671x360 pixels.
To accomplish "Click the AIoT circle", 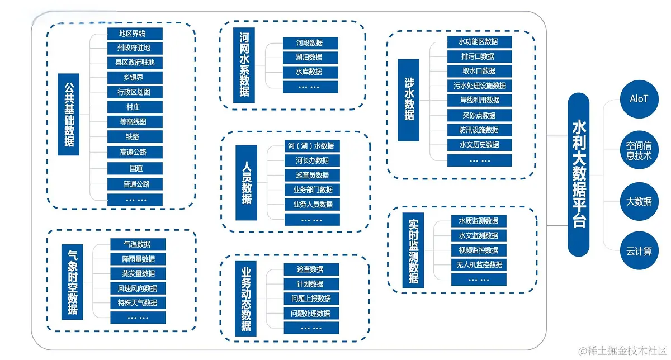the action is pos(639,99).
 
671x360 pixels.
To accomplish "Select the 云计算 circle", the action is pos(639,250).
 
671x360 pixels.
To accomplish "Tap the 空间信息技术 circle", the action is pos(639,150).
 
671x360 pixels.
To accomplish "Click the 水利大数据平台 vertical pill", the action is pos(578,174).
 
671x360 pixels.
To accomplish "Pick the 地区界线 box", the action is pos(135,34).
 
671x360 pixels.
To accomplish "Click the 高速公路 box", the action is pos(135,152).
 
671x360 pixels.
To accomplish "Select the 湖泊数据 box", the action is pos(310,57).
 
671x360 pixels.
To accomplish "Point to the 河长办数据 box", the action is pos(312,160).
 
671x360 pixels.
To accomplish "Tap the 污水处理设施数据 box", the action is pos(479,86).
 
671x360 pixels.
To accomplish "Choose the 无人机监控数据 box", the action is pos(479,265).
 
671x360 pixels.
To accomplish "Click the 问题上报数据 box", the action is pos(311,299).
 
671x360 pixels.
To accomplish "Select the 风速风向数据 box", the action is pos(138,288).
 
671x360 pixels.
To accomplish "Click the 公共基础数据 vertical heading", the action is pos(69,115).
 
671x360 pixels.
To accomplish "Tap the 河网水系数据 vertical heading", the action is pos(244,65).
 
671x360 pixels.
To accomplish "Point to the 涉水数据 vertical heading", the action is pos(408,100).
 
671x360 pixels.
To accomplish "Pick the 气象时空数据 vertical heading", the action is pos(72,282).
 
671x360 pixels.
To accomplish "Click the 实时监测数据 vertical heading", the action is pos(413,250).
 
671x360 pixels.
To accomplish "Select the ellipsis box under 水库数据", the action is pos(310,87).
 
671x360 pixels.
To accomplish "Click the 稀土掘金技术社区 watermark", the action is pos(623,350).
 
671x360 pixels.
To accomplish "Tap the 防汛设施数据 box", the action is pos(479,130).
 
